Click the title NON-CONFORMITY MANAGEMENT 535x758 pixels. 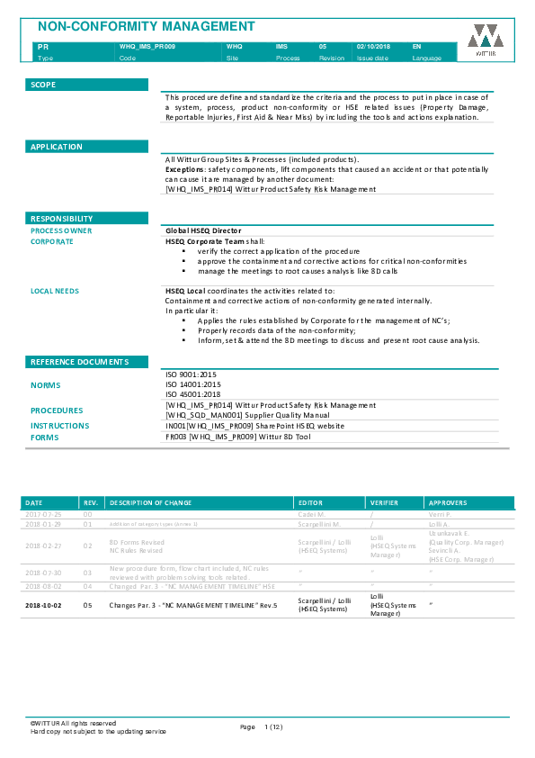click(145, 27)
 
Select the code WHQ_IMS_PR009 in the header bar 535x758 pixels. click(147, 45)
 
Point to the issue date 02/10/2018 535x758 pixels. click(373, 45)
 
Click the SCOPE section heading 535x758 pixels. click(43, 85)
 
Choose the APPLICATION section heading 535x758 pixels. click(56, 147)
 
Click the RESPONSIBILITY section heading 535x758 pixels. click(61, 219)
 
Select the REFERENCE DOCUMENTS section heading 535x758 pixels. click(79, 362)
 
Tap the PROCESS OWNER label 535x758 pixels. click(61, 231)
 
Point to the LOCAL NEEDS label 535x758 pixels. click(55, 291)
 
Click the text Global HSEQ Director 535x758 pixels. click(203, 231)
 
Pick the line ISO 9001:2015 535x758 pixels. click(192, 374)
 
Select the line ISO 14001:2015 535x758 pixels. click(193, 384)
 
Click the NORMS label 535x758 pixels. click(46, 385)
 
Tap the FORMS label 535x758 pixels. click(44, 437)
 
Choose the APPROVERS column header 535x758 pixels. click(448, 502)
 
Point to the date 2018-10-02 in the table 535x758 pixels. click(41, 605)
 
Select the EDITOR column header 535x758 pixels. click(309, 502)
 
